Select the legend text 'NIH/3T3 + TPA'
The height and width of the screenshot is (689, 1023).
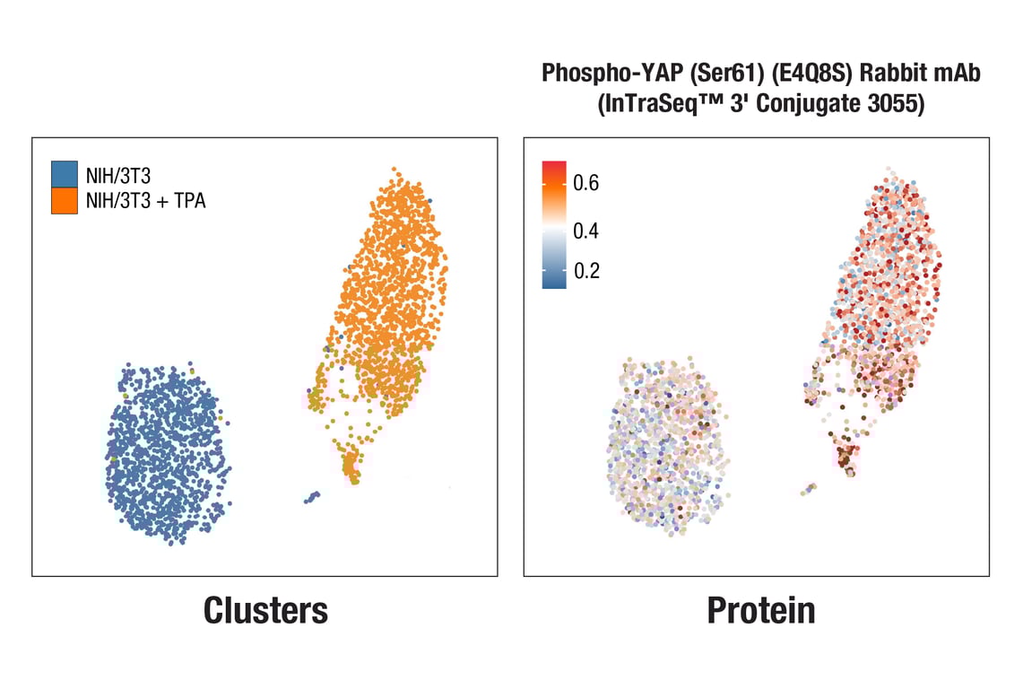pos(145,201)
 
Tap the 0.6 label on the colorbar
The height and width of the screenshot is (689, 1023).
pos(586,183)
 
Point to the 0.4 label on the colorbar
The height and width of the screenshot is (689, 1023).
pos(586,231)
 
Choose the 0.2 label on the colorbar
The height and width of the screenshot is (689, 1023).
pos(586,271)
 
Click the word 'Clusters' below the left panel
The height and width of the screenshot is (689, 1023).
pos(265,610)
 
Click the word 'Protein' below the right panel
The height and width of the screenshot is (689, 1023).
pos(761,610)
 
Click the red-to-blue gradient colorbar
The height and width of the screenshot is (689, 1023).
pos(554,224)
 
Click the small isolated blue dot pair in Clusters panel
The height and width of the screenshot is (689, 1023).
pos(312,496)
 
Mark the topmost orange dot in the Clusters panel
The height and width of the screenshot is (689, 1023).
pos(394,169)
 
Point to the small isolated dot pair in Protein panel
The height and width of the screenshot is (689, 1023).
pos(809,489)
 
